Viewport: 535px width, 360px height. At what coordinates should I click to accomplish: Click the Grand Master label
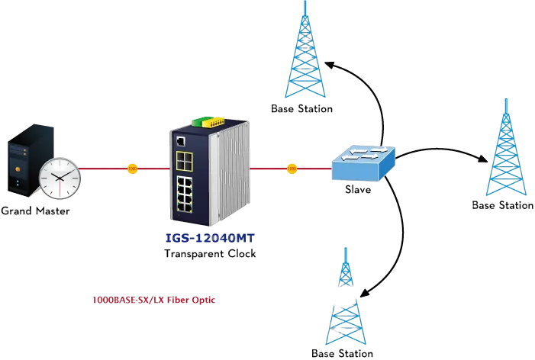(35, 211)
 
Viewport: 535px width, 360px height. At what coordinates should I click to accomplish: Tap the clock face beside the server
(60, 178)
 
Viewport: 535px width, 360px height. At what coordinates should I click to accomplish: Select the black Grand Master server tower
(31, 160)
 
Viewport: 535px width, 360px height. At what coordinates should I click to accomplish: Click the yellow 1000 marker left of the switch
(132, 169)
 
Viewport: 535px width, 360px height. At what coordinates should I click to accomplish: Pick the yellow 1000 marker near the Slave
(292, 169)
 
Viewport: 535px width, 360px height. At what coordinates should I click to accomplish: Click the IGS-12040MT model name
(210, 238)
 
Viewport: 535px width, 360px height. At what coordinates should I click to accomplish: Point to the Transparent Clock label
(210, 254)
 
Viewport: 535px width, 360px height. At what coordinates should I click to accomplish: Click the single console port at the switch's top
(180, 141)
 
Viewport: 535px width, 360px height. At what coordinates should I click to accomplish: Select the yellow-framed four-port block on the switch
(184, 161)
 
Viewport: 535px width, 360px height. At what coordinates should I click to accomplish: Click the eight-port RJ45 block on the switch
(184, 194)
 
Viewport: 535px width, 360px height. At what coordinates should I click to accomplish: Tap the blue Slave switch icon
(363, 163)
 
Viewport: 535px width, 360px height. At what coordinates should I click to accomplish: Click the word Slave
(358, 189)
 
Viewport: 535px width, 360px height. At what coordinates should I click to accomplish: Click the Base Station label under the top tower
(301, 109)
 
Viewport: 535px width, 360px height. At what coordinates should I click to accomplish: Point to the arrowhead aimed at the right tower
(483, 159)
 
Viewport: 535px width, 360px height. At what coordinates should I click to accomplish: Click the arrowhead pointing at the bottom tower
(365, 293)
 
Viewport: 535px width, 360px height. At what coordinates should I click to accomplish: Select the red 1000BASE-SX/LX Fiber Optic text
(154, 300)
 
